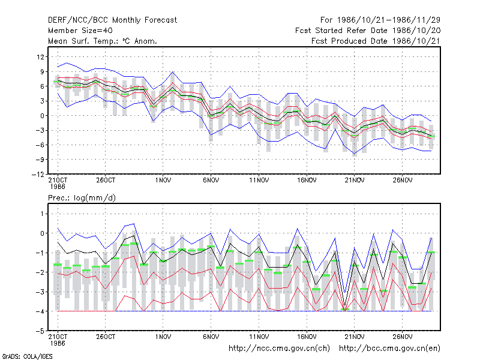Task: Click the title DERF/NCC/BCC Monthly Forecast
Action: click(x=112, y=20)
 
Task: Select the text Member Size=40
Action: click(x=80, y=31)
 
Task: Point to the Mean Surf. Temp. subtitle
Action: click(x=103, y=41)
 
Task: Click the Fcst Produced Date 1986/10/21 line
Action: click(x=376, y=41)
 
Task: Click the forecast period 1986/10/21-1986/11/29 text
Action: click(x=380, y=20)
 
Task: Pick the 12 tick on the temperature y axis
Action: click(x=40, y=57)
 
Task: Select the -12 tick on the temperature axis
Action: click(x=38, y=174)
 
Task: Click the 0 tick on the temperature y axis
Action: click(x=42, y=116)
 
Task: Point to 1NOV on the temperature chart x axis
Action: click(x=163, y=180)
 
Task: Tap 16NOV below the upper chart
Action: click(x=307, y=180)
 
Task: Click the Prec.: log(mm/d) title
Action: click(x=82, y=198)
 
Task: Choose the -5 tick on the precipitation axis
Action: click(x=40, y=331)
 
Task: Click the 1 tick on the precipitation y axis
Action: click(x=42, y=214)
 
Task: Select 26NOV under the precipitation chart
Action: click(x=403, y=337)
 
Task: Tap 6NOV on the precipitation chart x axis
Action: click(x=211, y=337)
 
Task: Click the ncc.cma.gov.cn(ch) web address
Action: click(x=279, y=349)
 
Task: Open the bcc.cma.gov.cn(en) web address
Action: click(x=389, y=349)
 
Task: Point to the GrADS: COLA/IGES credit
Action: click(x=27, y=356)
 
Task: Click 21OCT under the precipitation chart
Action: click(x=58, y=337)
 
